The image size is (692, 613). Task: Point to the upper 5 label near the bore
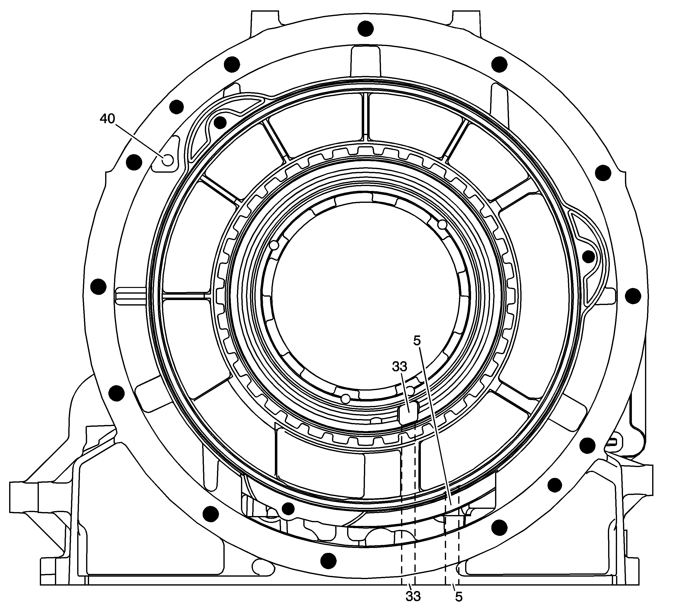pos(417,341)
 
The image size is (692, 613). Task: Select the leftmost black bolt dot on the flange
pos(98,287)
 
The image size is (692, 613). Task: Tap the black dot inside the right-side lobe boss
pos(588,257)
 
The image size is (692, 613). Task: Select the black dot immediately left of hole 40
pos(134,163)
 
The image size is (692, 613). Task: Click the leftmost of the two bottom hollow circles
pos(345,399)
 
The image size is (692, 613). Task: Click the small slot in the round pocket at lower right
pos(616,441)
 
